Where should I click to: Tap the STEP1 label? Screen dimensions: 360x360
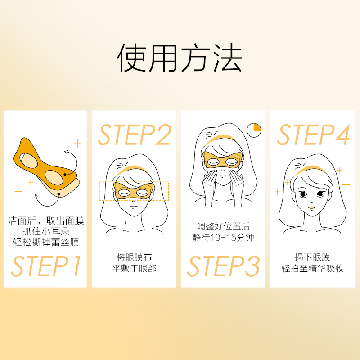[x=46, y=266]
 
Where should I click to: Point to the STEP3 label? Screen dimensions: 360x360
[x=223, y=266]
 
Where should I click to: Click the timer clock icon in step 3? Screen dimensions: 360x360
[x=254, y=130]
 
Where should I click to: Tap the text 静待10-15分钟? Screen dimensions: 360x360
[x=223, y=237]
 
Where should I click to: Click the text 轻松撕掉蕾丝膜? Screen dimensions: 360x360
[x=46, y=243]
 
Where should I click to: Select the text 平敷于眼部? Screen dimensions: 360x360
[x=134, y=269]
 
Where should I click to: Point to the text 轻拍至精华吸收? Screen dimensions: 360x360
[x=313, y=269]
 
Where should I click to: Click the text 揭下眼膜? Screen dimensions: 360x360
[x=313, y=257]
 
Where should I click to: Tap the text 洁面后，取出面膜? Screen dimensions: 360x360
[x=46, y=221]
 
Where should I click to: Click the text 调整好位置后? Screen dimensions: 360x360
[x=223, y=226]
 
